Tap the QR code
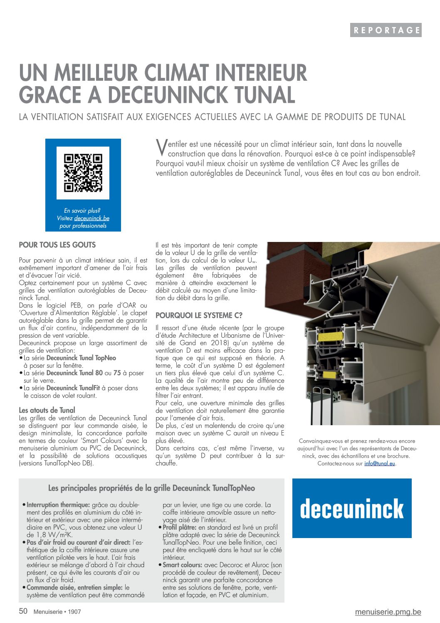[x=83, y=173]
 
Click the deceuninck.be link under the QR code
[x=92, y=218]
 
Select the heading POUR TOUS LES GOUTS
[x=57, y=245]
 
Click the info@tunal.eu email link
[x=380, y=463]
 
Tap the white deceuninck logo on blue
[x=352, y=508]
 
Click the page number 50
[x=23, y=611]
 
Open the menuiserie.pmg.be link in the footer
[x=388, y=612]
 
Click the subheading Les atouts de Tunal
[x=47, y=410]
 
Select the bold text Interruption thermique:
[x=58, y=505]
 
